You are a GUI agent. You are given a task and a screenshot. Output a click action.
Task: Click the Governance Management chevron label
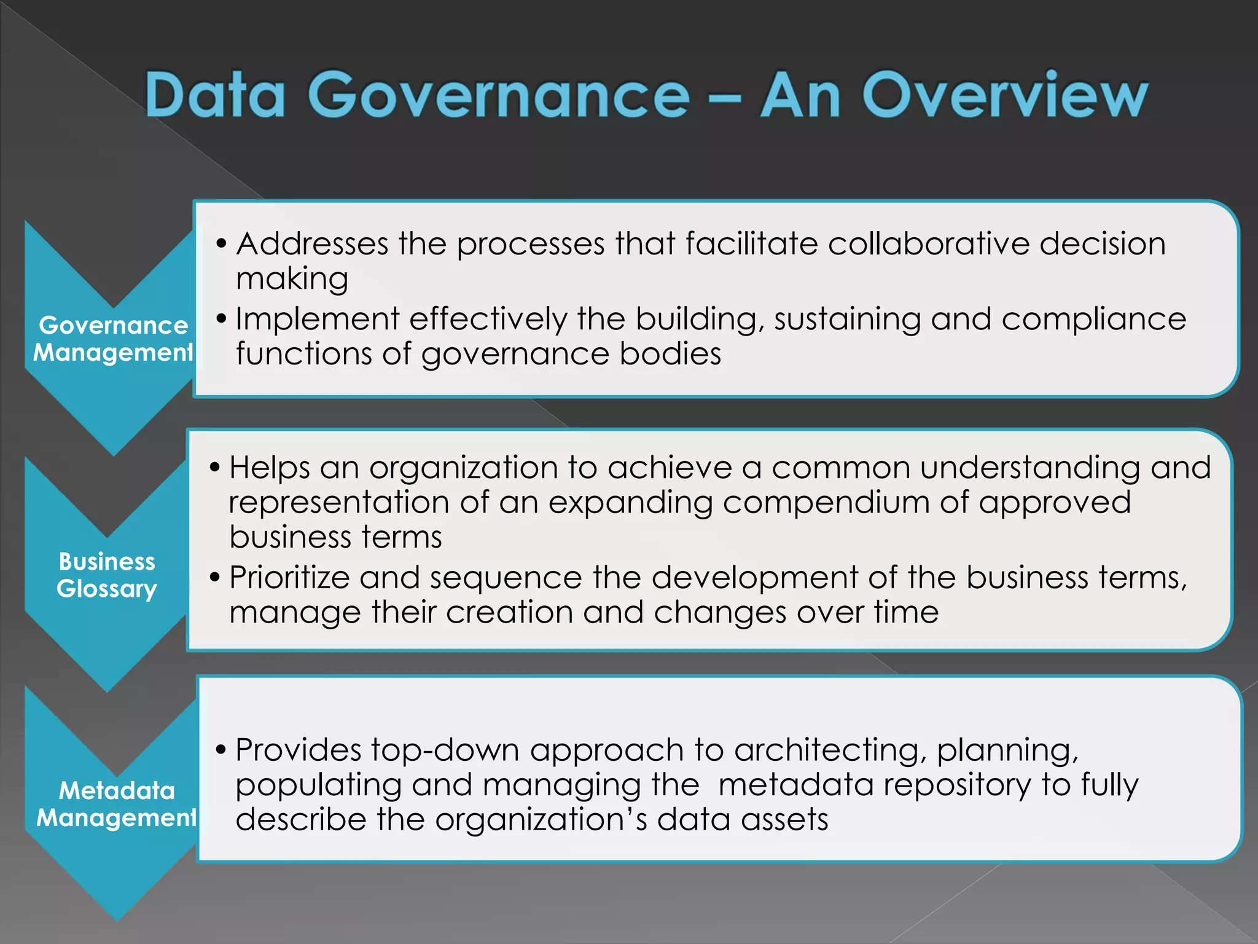click(x=113, y=339)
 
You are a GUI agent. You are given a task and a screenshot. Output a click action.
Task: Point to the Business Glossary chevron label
click(x=107, y=575)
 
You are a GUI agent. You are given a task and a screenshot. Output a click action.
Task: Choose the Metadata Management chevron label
click(x=116, y=804)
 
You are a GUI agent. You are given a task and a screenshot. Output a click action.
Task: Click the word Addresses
click(x=312, y=244)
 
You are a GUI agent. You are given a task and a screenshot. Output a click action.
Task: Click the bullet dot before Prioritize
click(x=214, y=578)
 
